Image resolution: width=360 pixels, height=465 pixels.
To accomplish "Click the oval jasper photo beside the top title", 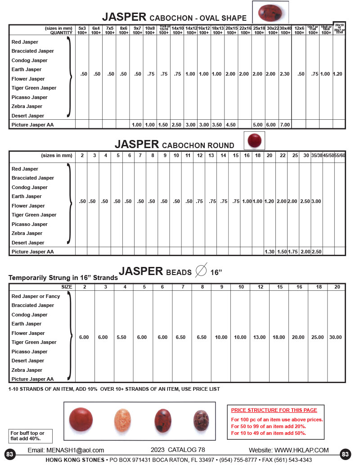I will point(270,12).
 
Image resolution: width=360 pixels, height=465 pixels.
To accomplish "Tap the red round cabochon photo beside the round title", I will point(254,140).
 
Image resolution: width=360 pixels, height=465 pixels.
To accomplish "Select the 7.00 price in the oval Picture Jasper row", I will point(285,125).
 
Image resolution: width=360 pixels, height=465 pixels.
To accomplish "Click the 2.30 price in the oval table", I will point(285,74).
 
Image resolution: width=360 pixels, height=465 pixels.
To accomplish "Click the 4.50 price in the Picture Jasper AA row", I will point(231,125).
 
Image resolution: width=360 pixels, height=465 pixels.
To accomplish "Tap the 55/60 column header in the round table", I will point(340,156).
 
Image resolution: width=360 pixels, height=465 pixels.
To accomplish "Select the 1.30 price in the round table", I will point(270,252).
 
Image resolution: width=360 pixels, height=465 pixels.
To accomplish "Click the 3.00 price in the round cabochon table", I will point(317,201).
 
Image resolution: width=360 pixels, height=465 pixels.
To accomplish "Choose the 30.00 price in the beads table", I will point(335,337).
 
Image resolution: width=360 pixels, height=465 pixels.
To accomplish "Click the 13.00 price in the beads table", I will point(260,337).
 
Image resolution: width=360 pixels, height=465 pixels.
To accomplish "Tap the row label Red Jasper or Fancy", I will point(36,296).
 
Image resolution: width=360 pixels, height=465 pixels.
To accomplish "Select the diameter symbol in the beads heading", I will point(202,271).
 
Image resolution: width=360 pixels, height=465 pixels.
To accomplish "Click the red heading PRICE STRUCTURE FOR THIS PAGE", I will point(274,410).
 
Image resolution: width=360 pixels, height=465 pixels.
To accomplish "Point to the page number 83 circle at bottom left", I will point(10,454).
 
